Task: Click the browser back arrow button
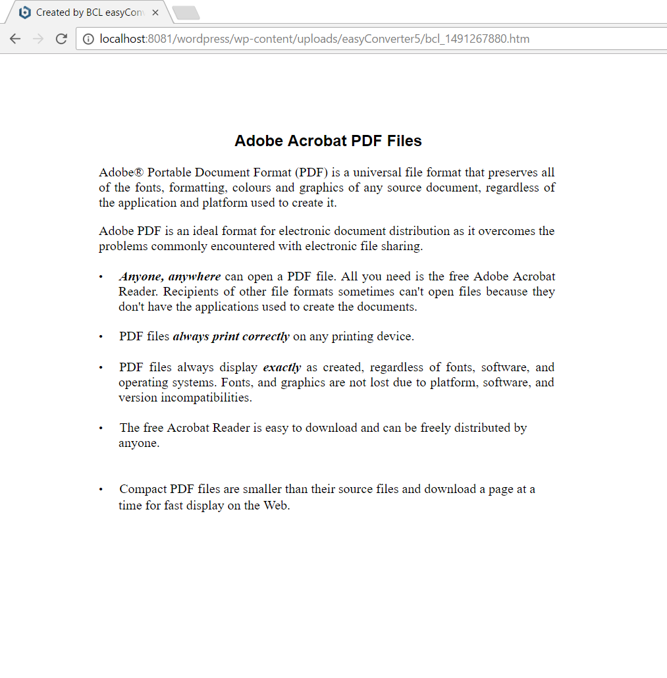coord(15,39)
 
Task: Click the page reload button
coord(61,39)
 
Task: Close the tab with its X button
coord(155,13)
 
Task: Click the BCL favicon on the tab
coord(25,13)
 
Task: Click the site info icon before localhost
coord(88,39)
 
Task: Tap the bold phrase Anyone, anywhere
coord(170,276)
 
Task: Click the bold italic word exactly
coord(282,367)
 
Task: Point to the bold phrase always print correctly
coord(230,336)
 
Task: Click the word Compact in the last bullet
coord(143,489)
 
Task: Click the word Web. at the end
coord(277,506)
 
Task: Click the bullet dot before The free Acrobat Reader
coord(101,429)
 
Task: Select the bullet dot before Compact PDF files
coord(101,490)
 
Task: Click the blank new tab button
coord(186,13)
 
